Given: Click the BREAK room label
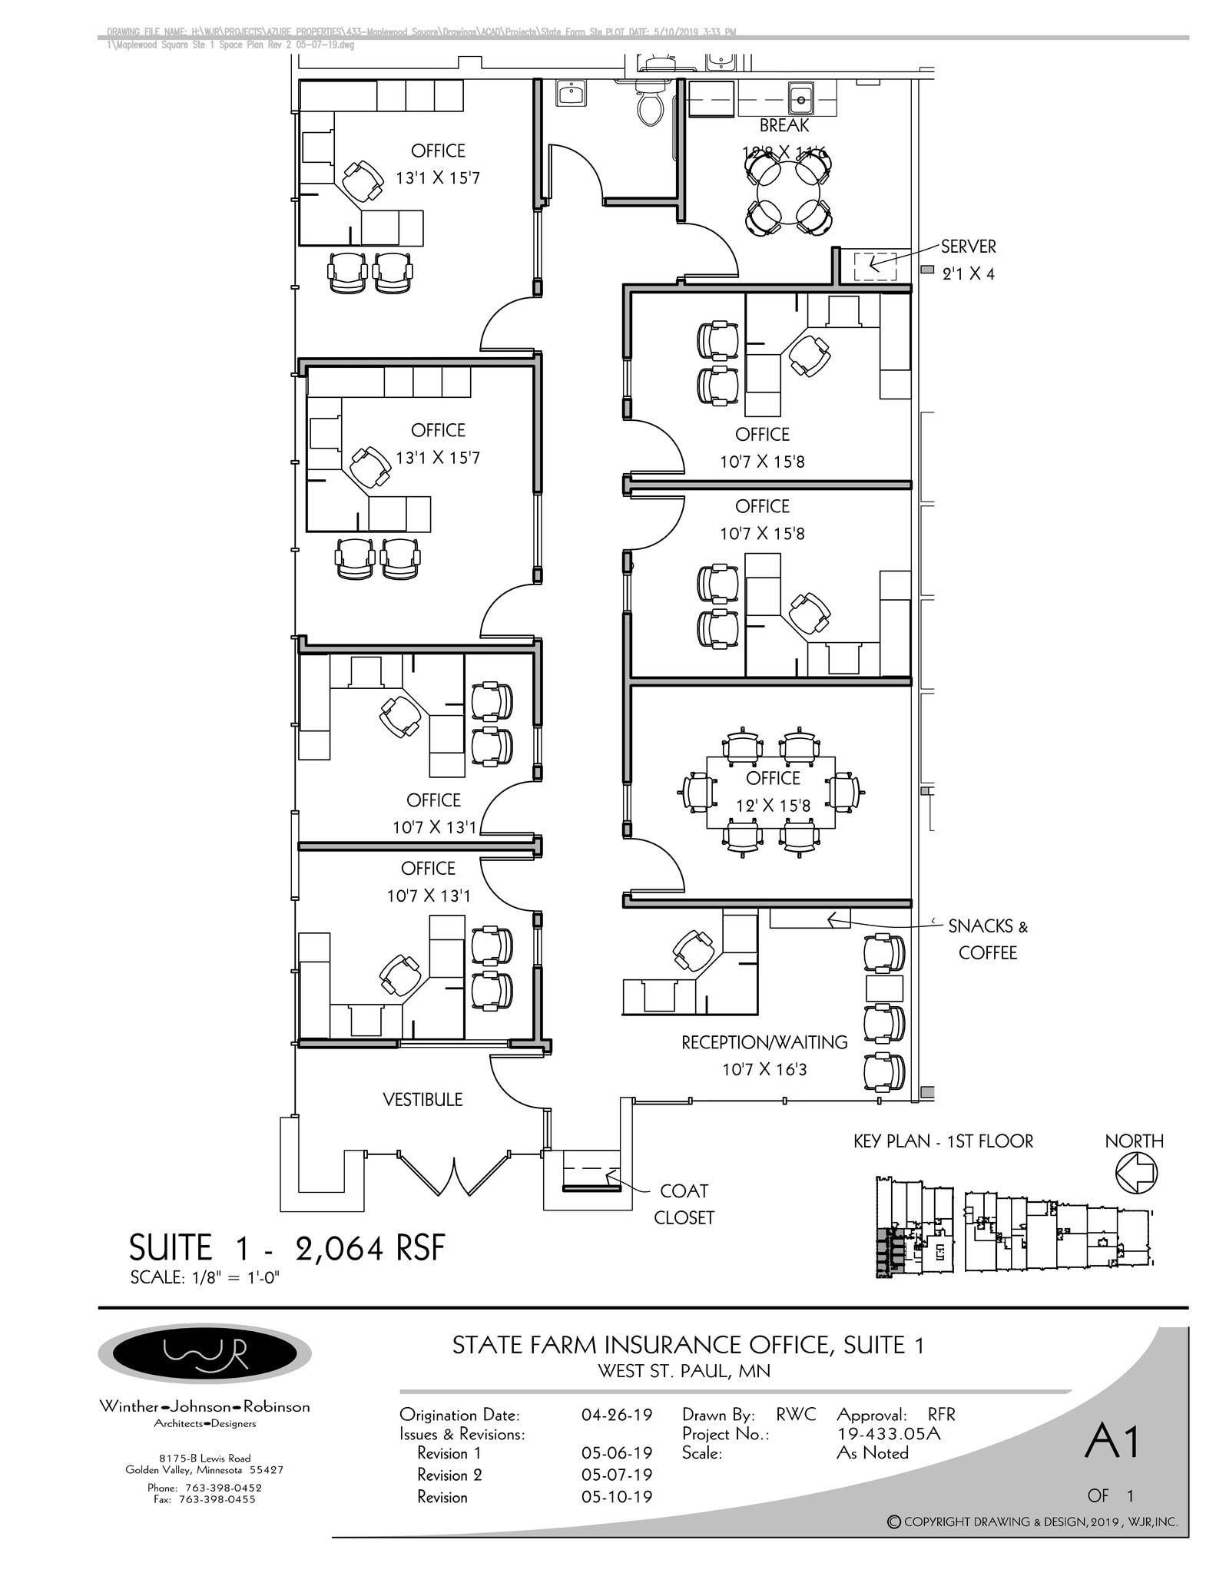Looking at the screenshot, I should coord(784,125).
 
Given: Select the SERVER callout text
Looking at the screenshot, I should coord(968,247).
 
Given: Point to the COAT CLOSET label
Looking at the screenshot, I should coord(684,1204).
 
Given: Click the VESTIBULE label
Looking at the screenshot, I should coord(422,1099).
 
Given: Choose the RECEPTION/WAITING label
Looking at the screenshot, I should coord(764,1042).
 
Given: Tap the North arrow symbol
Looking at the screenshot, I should coord(1135,1174).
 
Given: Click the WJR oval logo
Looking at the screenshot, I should coord(204,1353).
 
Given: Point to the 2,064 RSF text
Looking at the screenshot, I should coord(369,1248).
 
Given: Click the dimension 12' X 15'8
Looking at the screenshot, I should coord(773,806).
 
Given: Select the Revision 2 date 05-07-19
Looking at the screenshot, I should coord(617,1475).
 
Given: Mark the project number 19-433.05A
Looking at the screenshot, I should coord(888,1433).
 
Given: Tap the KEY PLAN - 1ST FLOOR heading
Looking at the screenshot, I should coord(943,1141).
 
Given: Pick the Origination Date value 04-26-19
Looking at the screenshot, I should coord(617,1415).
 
